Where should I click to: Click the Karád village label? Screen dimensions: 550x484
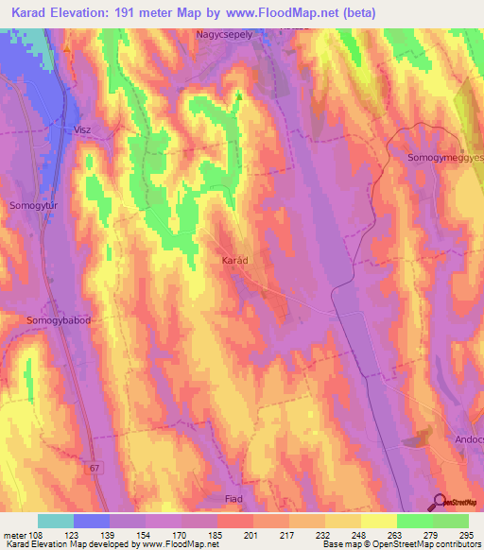pos(234,258)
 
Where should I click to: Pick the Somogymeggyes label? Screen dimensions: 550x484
pos(444,158)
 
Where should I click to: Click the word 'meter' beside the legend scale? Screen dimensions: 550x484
pos(13,534)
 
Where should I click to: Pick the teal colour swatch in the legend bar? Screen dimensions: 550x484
pos(56,521)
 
